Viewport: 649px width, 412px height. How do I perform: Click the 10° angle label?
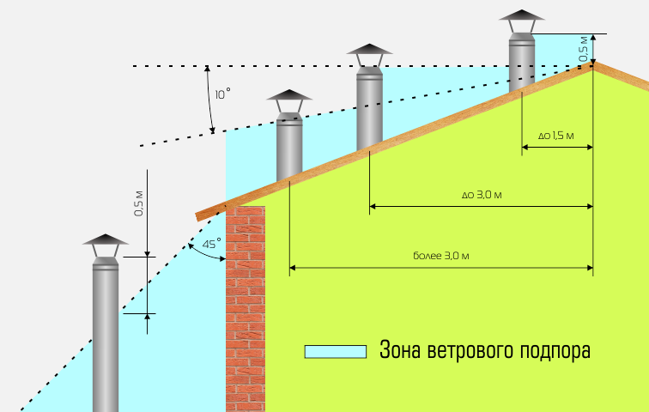pyautogui.click(x=222, y=94)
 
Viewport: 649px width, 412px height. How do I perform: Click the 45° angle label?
pyautogui.click(x=211, y=245)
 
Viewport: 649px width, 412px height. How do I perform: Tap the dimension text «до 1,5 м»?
pyautogui.click(x=556, y=136)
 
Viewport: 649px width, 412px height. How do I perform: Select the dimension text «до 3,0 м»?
pyautogui.click(x=481, y=195)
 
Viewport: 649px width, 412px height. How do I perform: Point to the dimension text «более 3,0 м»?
pyautogui.click(x=440, y=257)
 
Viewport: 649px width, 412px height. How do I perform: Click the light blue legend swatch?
pyautogui.click(x=336, y=351)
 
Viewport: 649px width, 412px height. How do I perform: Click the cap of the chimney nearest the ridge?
pyautogui.click(x=522, y=21)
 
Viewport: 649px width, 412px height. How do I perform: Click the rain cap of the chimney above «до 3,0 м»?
pyautogui.click(x=370, y=54)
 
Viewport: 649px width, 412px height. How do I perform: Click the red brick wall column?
pyautogui.click(x=246, y=309)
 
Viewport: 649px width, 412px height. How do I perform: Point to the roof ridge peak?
pyautogui.click(x=592, y=64)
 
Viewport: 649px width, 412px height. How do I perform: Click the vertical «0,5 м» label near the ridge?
pyautogui.click(x=584, y=48)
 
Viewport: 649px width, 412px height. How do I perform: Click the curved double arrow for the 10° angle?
pyautogui.click(x=209, y=100)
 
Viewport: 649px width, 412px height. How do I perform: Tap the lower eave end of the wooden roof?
pyautogui.click(x=201, y=215)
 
